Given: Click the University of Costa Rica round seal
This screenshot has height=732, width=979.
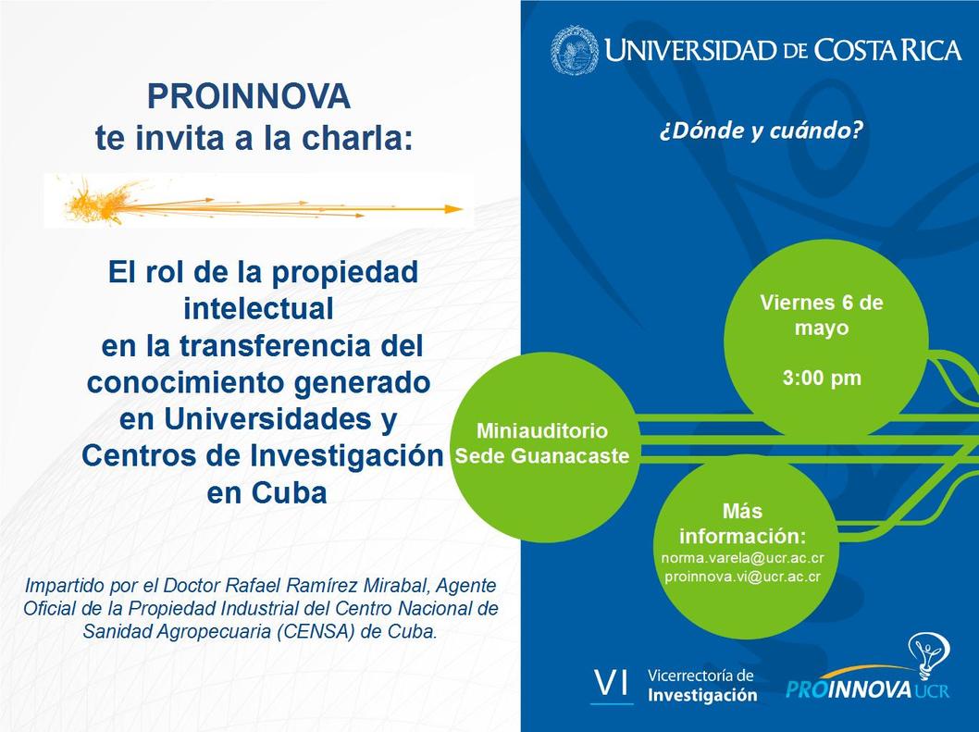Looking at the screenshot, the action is point(575,51).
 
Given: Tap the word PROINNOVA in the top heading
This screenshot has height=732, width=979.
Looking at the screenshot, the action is point(249,96).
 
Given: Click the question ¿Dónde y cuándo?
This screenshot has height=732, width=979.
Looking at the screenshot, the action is point(762,130).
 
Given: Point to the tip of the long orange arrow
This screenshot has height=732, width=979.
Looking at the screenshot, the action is point(463,209).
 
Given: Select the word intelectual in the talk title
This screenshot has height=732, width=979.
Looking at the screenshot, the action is point(258,308).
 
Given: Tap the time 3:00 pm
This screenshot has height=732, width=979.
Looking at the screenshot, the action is point(822,378).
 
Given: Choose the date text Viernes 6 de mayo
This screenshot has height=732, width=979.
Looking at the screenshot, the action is point(822,316).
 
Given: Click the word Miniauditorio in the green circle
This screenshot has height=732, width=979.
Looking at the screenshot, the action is point(542,430).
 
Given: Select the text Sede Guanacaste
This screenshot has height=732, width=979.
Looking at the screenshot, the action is point(542,456).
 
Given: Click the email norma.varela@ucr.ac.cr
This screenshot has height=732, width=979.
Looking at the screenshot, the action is point(742,558).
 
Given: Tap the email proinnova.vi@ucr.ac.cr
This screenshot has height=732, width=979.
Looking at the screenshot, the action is point(742,577).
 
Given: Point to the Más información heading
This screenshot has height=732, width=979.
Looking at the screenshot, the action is point(742,524).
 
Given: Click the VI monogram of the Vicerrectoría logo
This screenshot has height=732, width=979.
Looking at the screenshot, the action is point(612,685).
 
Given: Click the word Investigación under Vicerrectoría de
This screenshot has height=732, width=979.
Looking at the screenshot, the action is point(701,695).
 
